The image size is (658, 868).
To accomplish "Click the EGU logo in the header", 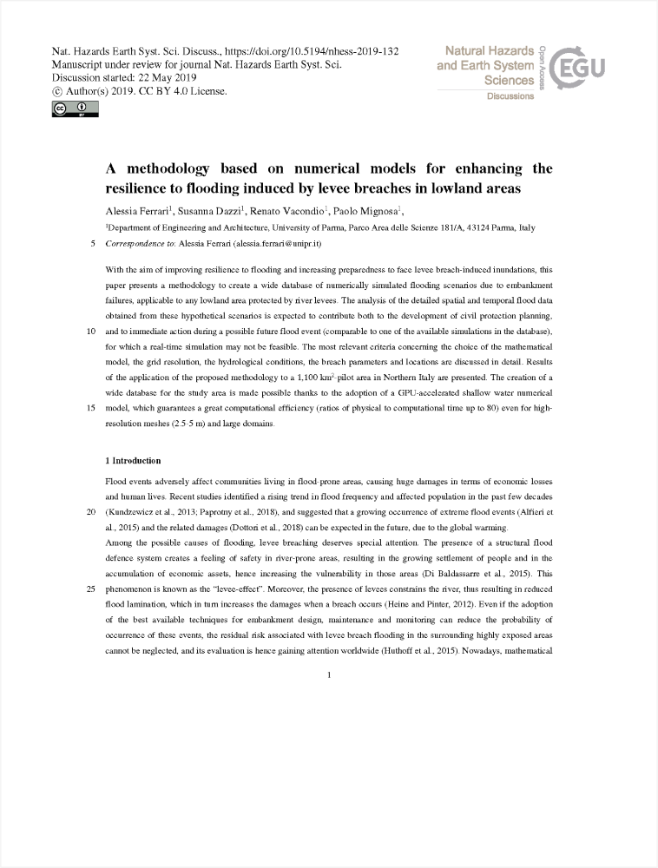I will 578,66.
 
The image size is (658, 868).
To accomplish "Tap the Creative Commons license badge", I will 75,109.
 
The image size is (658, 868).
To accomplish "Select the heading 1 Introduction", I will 133,460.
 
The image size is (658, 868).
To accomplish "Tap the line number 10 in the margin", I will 92,332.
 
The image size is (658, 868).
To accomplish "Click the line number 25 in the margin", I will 92,589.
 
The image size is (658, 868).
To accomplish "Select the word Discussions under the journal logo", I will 510,96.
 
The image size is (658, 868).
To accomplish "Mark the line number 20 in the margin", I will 92,512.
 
